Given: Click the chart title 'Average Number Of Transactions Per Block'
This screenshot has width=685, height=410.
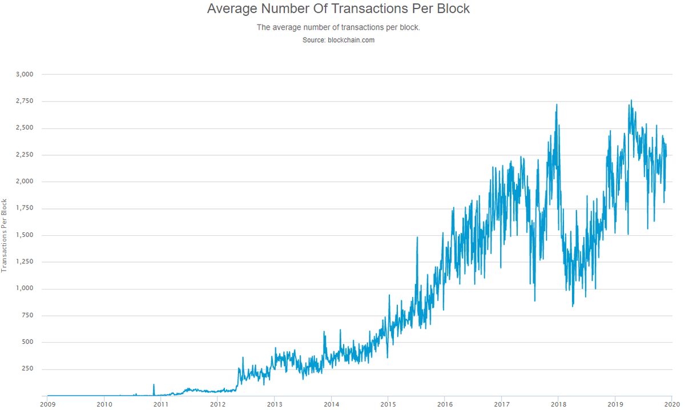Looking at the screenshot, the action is tap(338, 9).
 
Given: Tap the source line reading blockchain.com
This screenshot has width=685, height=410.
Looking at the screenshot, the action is tap(338, 40).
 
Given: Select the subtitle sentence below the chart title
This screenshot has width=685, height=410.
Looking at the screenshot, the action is tap(338, 27).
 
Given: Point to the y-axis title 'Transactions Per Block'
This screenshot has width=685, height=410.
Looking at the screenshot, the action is tap(4, 236).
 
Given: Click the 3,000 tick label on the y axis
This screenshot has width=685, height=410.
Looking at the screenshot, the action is tap(25, 74).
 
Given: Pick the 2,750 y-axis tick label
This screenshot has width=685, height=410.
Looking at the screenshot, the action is tap(25, 101).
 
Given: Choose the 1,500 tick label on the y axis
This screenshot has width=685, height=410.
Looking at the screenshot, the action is tap(25, 235).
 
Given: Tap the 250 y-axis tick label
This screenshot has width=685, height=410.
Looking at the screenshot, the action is tap(27, 369).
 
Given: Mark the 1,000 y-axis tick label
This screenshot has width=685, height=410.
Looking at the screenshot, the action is tap(25, 288).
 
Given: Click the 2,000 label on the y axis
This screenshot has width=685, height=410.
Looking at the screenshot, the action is tap(25, 182).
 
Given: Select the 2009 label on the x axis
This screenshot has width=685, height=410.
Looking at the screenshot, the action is tap(48, 404).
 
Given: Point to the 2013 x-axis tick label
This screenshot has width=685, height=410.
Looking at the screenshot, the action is tap(275, 404).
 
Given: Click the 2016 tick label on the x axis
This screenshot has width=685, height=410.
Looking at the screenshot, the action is tap(445, 404).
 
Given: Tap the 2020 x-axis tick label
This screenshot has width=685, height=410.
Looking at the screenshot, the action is tap(671, 404).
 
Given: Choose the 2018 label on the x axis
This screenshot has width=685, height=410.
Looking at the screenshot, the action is tap(558, 404).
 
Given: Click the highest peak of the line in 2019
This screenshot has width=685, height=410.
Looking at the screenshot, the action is tap(631, 100).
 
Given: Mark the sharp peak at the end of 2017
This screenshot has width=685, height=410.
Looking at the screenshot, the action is tap(557, 104).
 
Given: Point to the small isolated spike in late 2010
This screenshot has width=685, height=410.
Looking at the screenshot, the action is tap(154, 385).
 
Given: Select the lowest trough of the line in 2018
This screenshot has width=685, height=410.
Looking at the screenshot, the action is tap(573, 306).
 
